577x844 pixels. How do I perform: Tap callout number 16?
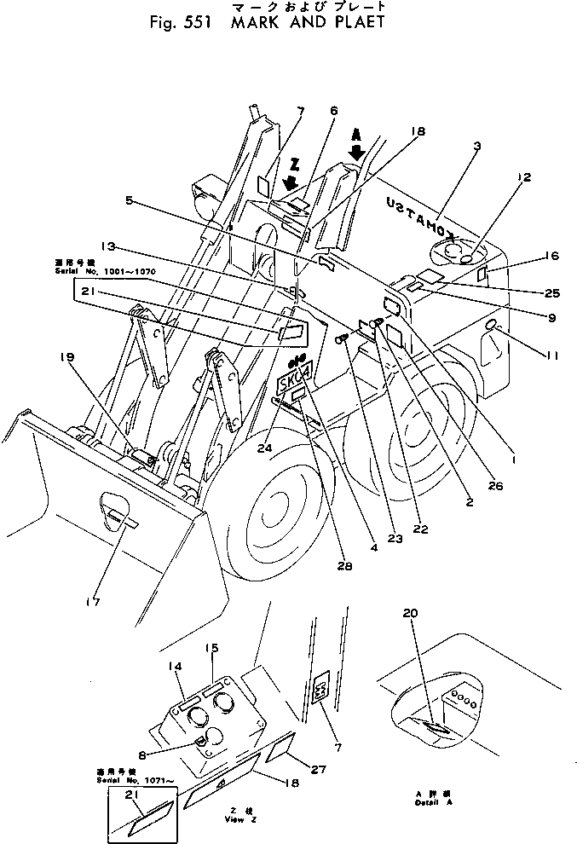coord(552,255)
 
